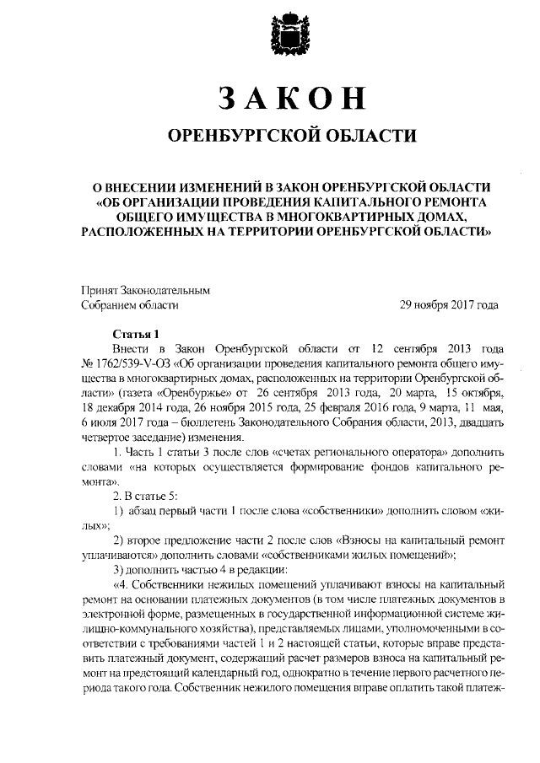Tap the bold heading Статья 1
tap(135, 332)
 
